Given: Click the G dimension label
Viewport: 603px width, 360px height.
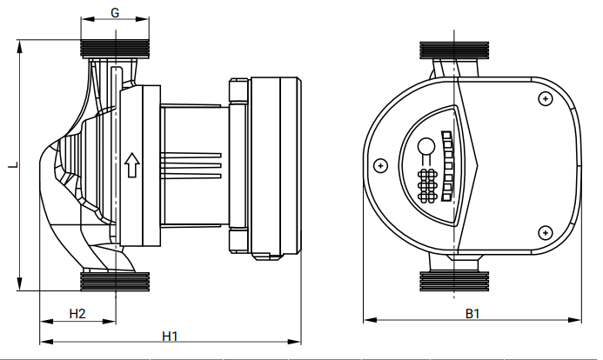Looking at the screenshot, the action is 115,13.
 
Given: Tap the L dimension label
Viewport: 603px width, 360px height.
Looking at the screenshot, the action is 14,165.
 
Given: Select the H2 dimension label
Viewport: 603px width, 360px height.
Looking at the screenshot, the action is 77,314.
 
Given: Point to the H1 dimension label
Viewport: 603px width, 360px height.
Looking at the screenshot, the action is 170,337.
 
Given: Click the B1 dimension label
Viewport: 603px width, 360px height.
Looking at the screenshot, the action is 472,314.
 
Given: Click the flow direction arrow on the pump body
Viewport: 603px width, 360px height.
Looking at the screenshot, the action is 132,165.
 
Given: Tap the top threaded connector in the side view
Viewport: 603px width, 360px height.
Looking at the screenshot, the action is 115,49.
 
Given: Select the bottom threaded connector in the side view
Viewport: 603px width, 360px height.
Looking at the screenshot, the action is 115,282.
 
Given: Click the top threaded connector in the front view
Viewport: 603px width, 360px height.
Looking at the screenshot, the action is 454,50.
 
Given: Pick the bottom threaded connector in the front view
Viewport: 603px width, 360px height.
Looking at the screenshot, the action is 454,282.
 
